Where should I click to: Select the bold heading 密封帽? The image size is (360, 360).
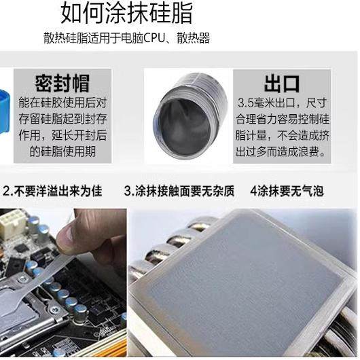[x=62, y=84]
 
